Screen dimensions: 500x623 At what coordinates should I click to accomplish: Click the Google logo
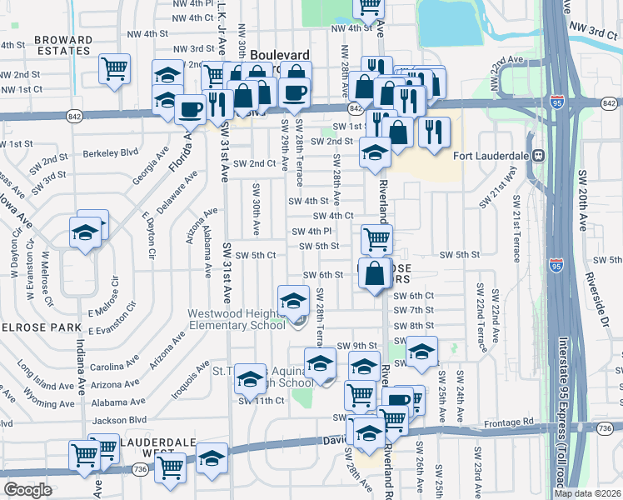pyautogui.click(x=27, y=490)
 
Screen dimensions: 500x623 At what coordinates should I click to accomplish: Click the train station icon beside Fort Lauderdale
pyautogui.click(x=539, y=155)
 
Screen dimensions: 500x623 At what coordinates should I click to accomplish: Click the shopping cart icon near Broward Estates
pyautogui.click(x=114, y=68)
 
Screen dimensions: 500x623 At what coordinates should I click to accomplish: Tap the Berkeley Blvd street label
pyautogui.click(x=111, y=153)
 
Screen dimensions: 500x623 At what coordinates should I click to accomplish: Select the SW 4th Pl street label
pyautogui.click(x=312, y=231)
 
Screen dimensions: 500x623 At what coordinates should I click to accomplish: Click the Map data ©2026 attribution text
pyautogui.click(x=587, y=493)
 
